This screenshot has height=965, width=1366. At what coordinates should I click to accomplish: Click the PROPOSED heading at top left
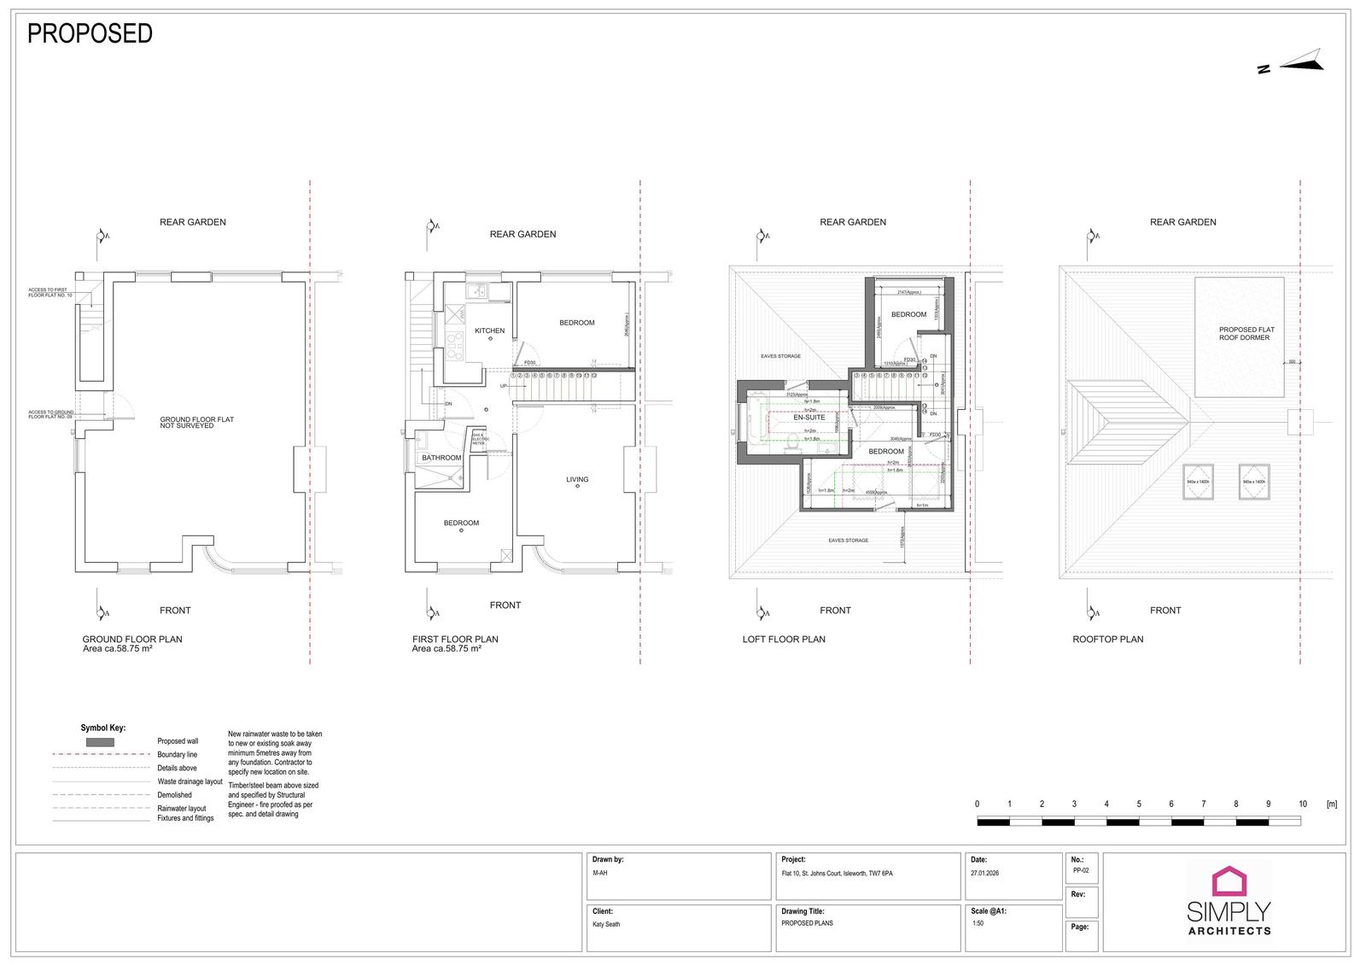coord(90,33)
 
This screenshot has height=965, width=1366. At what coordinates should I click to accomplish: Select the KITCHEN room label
coord(489,330)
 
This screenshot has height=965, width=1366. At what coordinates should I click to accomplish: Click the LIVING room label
coord(577,479)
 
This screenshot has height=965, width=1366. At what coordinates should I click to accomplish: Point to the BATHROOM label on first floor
coord(441,458)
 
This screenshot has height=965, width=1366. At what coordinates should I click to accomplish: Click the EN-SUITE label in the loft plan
coord(809,418)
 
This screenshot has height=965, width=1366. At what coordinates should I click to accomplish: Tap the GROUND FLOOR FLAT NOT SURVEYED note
coord(196,422)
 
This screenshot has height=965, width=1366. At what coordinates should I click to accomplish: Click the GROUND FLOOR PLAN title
coord(132,639)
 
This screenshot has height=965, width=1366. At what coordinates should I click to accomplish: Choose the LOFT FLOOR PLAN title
coord(784,639)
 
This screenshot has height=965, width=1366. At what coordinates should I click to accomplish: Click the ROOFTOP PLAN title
coord(1107,639)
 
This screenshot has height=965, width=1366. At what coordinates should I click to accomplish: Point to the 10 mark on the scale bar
coord(1302,804)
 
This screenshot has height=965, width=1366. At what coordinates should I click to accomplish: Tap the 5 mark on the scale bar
coord(1139,804)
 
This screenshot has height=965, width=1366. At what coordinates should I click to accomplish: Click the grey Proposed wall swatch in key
coord(100,742)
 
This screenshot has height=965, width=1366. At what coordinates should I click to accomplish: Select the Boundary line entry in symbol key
coord(177,755)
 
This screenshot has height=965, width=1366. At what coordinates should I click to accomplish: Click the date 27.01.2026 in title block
coord(984,874)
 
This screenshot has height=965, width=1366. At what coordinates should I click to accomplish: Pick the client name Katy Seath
coord(606,924)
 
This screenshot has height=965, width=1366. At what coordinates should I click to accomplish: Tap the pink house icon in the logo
coord(1229,881)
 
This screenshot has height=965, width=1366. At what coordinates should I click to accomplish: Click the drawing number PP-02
coord(1081,870)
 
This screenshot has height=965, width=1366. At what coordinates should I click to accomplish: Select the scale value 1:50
coord(978,923)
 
